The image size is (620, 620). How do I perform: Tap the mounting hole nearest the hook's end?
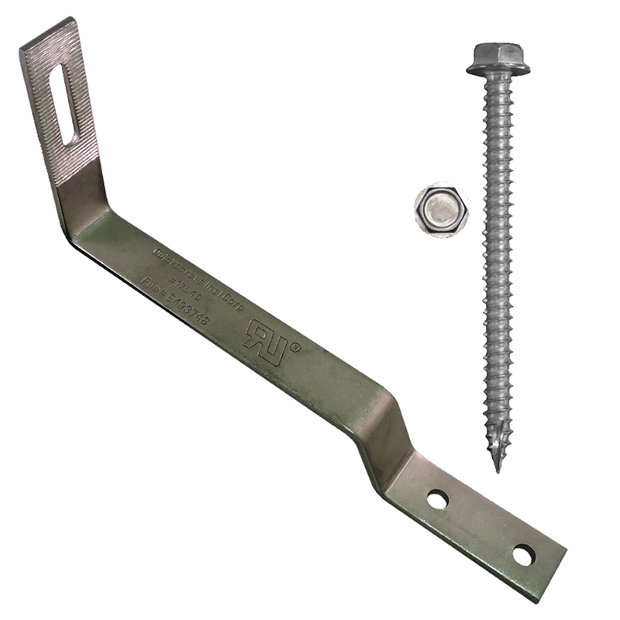pyautogui.click(x=523, y=555)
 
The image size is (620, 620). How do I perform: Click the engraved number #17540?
pyautogui.click(x=185, y=284)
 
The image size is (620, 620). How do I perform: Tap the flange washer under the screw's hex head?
pyautogui.click(x=498, y=71)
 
